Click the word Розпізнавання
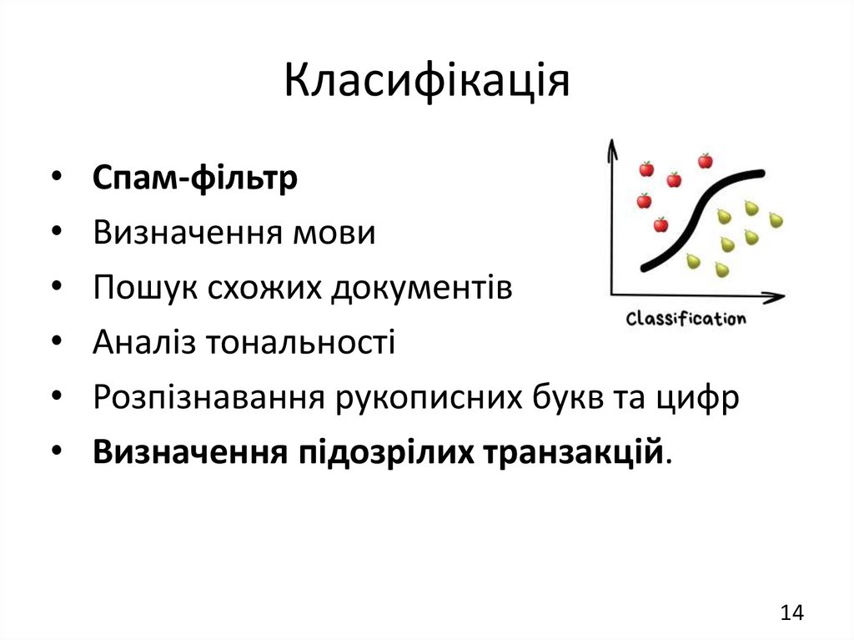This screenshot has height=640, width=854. click(x=208, y=397)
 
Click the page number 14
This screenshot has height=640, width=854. click(x=791, y=612)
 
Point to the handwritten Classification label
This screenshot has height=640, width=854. click(x=686, y=319)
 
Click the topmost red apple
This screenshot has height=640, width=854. click(x=706, y=160)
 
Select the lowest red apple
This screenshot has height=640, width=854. click(x=661, y=224)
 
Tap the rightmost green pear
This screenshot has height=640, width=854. click(x=776, y=219)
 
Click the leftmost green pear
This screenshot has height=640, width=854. click(x=692, y=262)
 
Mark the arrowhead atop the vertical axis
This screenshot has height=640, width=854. click(x=611, y=148)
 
